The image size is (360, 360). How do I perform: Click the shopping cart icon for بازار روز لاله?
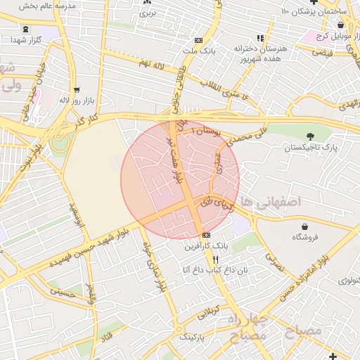[x=77, y=91]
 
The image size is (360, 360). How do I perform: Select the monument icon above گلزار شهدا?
[x=26, y=30]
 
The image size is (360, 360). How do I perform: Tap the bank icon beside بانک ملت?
[x=198, y=40]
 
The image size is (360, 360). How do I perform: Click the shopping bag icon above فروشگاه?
[x=304, y=226]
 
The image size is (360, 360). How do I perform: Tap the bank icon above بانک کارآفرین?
[x=205, y=235]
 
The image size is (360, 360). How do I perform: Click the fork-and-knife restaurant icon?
[x=205, y=259]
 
